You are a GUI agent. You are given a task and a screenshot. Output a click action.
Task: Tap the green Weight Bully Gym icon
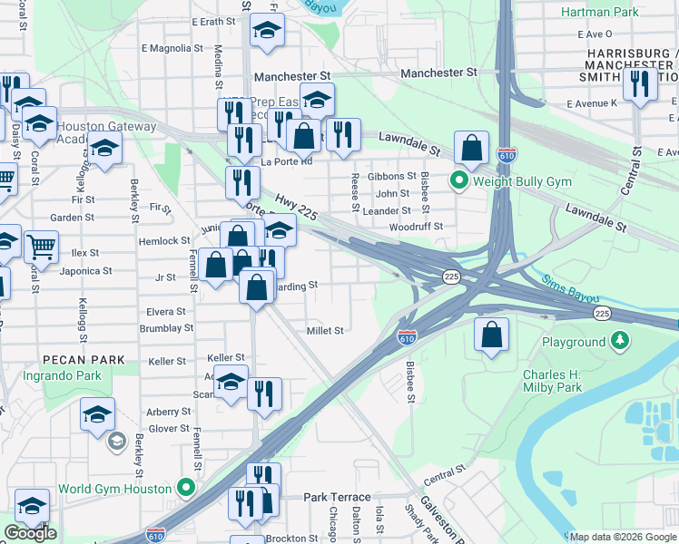click(459, 181)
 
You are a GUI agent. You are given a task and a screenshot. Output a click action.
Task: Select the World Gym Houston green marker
click(187, 488)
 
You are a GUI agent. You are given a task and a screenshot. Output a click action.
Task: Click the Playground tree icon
click(619, 342)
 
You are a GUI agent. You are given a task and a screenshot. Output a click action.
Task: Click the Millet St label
click(325, 331)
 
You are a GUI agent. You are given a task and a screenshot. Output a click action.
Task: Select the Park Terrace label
click(337, 497)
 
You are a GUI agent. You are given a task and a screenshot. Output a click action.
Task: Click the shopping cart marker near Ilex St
click(41, 245)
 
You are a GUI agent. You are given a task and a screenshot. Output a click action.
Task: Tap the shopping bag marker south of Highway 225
click(491, 335)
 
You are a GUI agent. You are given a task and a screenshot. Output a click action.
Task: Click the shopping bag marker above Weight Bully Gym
click(472, 147)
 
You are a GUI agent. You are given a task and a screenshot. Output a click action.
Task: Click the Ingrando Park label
click(63, 374)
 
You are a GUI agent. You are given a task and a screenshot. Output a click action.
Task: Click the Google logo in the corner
click(30, 533)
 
